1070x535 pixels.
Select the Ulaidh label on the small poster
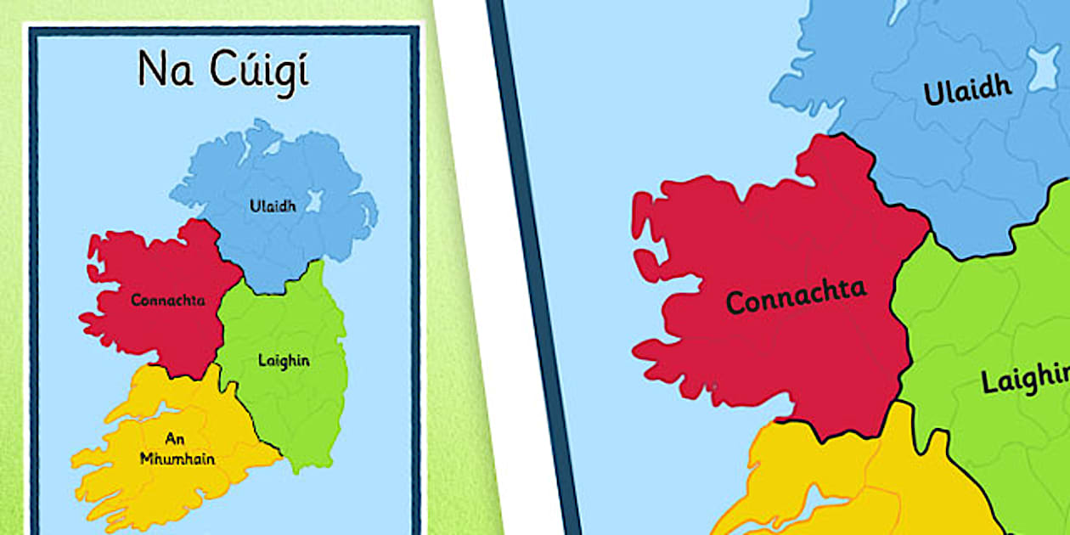coord(273,206)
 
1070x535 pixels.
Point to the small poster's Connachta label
coord(168,300)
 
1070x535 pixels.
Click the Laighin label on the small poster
coord(284,360)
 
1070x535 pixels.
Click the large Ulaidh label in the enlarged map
coord(967,89)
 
